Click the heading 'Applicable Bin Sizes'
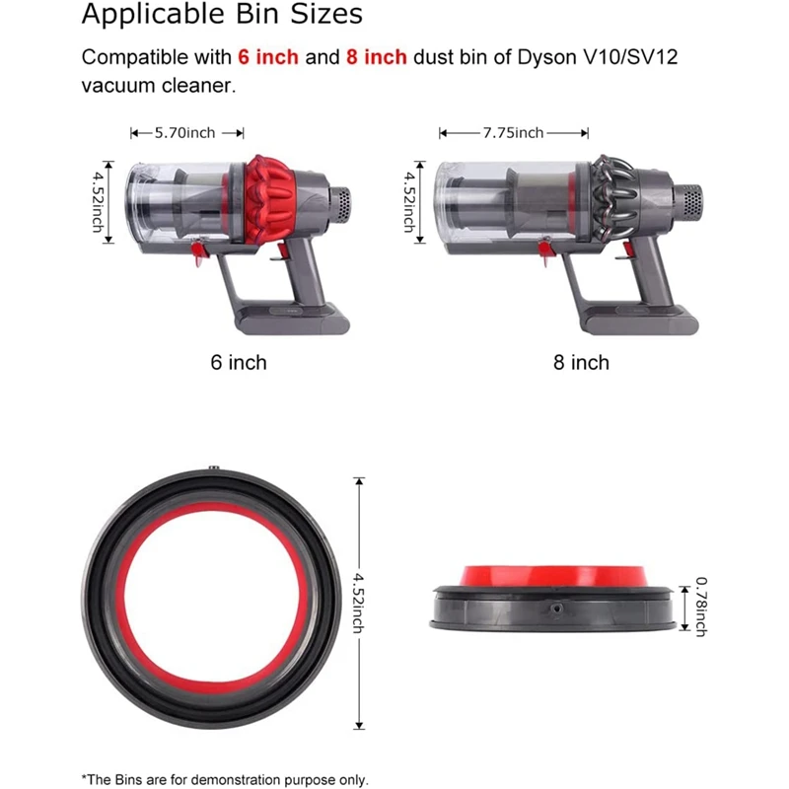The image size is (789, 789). [x=222, y=16]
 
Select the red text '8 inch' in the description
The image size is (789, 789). [x=376, y=57]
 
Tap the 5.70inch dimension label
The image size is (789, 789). [x=187, y=132]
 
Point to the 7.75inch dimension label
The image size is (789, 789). [x=513, y=132]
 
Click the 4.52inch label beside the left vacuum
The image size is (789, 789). [x=99, y=202]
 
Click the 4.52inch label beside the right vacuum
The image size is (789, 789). [x=408, y=202]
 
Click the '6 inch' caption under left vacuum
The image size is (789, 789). [x=238, y=363]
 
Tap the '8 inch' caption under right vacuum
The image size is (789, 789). [x=581, y=363]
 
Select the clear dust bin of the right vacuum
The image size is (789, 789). [x=493, y=202]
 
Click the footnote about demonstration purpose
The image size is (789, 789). [x=225, y=779]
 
